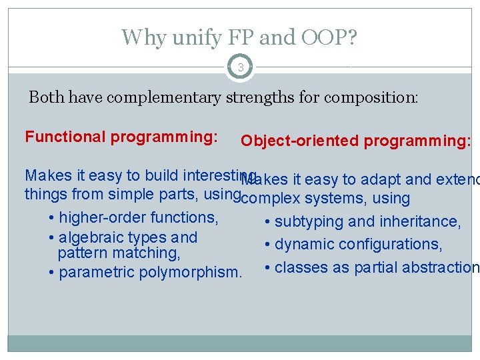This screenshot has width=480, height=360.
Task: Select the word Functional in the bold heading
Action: tap(66, 137)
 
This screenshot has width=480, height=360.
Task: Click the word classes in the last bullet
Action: tap(298, 268)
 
